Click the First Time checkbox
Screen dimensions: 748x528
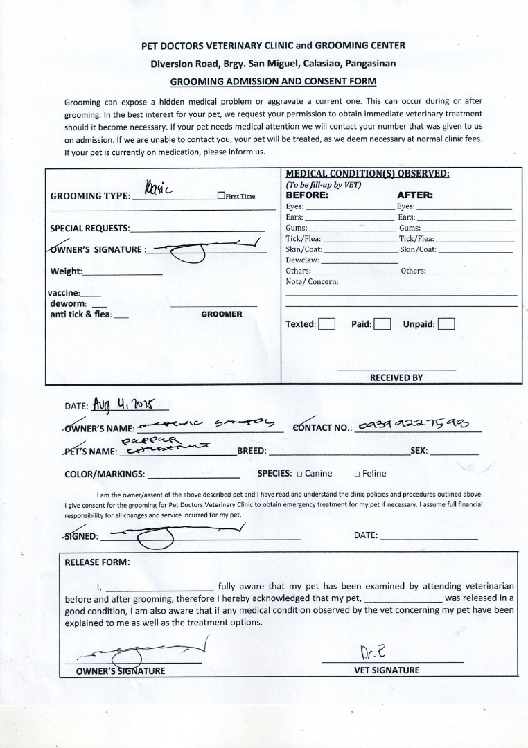point(220,196)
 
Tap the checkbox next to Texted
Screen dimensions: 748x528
point(327,324)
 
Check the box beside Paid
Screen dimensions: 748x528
point(382,324)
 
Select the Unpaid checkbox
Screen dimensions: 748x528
point(446,324)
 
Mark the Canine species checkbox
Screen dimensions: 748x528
point(299,474)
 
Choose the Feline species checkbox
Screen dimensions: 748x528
point(357,474)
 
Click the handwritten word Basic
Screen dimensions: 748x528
point(159,187)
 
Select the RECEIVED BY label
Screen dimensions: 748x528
point(396,378)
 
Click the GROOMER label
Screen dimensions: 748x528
point(222,314)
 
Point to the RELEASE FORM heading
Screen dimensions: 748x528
point(96,562)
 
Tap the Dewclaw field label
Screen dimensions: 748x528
point(302,260)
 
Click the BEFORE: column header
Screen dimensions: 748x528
point(308,195)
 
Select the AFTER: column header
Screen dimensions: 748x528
point(414,195)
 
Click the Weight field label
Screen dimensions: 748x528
point(66,271)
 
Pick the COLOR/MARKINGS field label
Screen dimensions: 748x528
point(105,474)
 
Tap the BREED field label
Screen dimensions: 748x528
point(252,451)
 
